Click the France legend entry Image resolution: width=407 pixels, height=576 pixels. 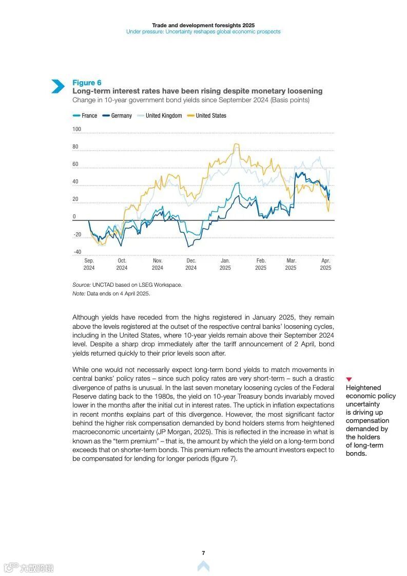[85, 116]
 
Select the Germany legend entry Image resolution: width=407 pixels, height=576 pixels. [118, 116]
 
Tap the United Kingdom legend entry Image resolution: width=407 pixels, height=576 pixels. [160, 116]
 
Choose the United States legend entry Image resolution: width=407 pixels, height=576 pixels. [207, 116]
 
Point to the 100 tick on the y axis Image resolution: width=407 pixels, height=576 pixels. [77, 129]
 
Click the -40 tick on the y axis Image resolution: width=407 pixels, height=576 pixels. [77, 252]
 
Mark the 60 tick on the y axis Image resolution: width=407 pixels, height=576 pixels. [75, 164]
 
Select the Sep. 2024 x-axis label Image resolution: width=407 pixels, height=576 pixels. [89, 264]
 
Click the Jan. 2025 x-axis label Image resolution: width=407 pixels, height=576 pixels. [225, 264]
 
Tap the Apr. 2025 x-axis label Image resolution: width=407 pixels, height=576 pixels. [325, 264]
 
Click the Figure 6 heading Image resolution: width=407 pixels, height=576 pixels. [87, 83]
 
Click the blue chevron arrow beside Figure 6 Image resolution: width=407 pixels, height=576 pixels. [57, 86]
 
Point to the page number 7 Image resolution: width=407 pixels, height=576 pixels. [203, 553]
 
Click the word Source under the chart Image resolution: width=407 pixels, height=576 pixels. [81, 285]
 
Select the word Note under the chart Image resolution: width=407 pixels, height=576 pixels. [79, 293]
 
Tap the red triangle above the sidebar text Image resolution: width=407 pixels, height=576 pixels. [349, 379]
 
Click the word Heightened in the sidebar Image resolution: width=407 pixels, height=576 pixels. [363, 388]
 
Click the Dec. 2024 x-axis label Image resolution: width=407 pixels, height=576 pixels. [191, 264]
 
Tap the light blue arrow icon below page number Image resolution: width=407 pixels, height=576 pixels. [203, 566]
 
